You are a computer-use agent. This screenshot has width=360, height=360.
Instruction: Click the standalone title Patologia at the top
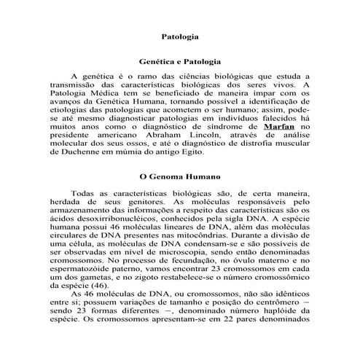tap(180, 34)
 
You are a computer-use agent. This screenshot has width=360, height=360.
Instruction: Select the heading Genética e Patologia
tap(180, 63)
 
